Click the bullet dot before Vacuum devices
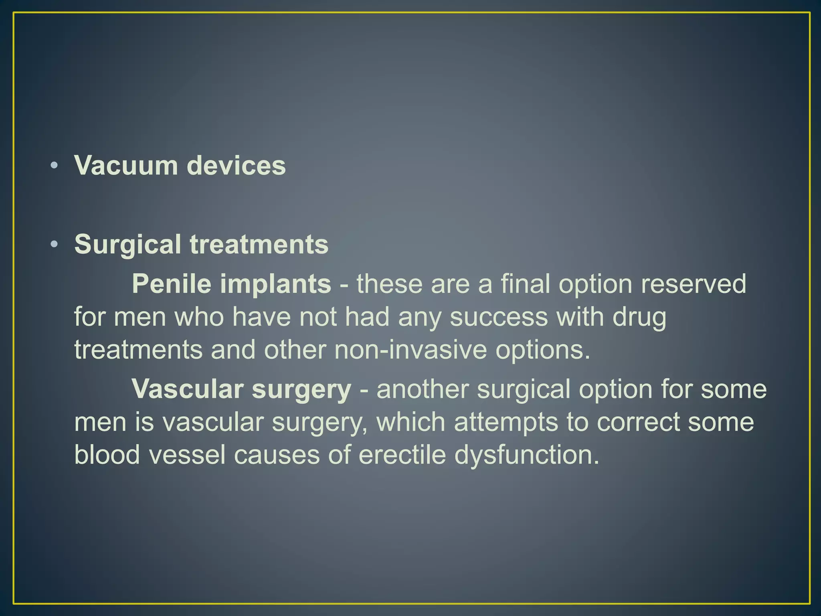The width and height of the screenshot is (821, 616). point(55,165)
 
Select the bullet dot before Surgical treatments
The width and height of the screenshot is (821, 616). point(55,244)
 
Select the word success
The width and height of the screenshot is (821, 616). point(498,317)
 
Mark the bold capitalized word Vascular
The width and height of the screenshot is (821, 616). point(188,389)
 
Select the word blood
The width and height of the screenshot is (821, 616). point(107,455)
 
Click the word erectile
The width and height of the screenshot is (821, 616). point(402,455)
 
